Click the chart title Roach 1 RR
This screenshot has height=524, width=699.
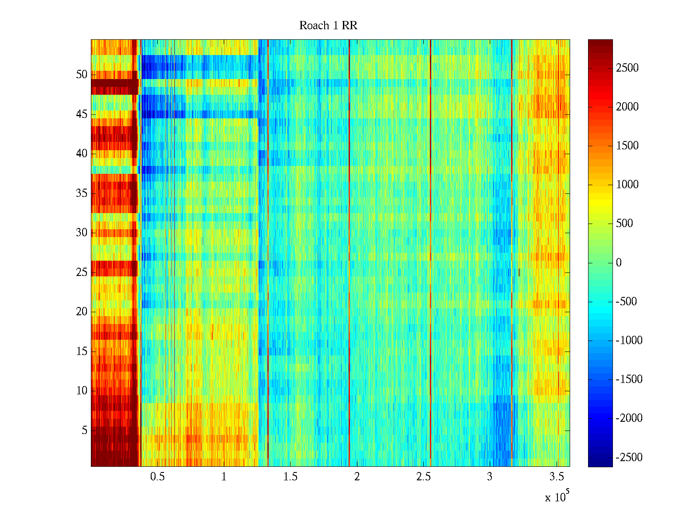coord(328,26)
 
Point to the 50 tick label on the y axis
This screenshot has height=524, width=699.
coord(82,75)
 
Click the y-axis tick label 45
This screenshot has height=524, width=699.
coord(82,114)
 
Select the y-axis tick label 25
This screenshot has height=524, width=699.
coord(82,272)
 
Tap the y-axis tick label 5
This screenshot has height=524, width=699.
coord(84,431)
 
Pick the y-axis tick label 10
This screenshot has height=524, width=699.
coord(82,391)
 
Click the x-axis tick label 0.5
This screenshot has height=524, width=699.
coord(157,477)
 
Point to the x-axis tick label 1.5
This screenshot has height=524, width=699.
coord(291,477)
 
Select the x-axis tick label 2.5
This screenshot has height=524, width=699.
coord(423,477)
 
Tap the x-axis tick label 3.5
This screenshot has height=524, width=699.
coord(557,477)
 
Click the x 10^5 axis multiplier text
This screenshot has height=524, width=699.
coord(557,497)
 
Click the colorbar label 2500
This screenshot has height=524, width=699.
coord(627,68)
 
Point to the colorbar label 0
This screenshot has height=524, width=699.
coord(618,263)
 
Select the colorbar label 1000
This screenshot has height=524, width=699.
coord(627,185)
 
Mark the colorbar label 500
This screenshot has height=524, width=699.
coord(624,224)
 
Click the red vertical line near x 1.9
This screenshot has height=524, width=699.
coord(349,253)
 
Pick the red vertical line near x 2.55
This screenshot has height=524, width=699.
coord(430,253)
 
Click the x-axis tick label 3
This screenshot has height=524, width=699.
coord(490,477)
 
